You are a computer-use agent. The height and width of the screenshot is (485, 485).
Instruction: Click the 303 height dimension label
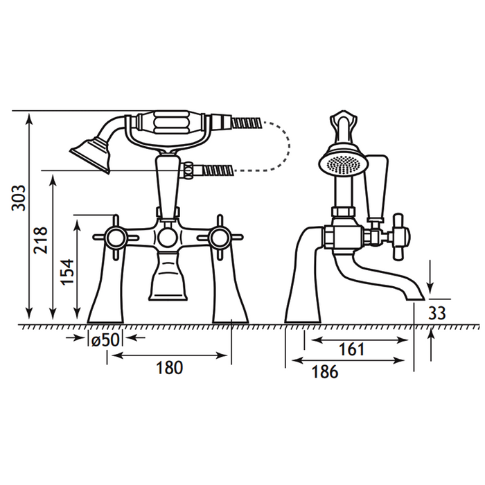(18, 198)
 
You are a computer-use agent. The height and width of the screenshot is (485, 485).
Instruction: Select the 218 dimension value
(41, 240)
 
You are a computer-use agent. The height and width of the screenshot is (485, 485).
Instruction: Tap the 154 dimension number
(67, 272)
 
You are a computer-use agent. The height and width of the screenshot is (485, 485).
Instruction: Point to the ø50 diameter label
(105, 341)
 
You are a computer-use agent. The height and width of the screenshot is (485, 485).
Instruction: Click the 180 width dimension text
(170, 367)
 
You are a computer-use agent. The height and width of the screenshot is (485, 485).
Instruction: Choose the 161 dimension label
(352, 349)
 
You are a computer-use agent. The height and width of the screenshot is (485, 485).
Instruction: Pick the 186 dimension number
(325, 371)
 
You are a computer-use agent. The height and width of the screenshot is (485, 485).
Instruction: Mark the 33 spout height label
(437, 313)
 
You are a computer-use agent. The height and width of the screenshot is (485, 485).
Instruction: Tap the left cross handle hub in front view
(116, 238)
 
